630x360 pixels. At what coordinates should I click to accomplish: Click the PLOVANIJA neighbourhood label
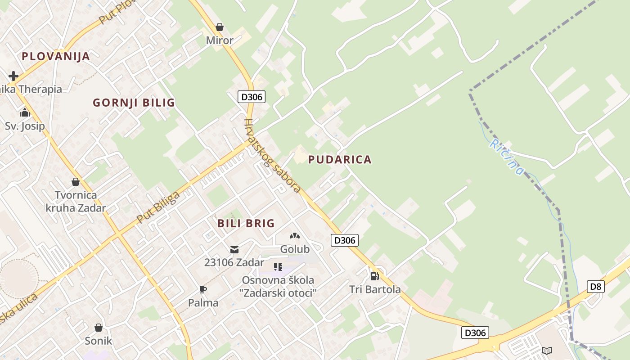tap(56, 56)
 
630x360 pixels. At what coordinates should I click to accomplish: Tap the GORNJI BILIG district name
tap(134, 103)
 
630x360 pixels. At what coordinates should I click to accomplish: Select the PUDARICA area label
tap(340, 159)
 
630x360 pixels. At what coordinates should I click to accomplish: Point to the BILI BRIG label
tap(246, 223)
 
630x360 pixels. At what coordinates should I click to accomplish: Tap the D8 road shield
tap(595, 286)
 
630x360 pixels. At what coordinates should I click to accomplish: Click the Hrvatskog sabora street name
tap(272, 155)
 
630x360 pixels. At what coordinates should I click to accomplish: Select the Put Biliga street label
tap(158, 207)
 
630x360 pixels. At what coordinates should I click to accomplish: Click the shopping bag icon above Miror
tap(220, 27)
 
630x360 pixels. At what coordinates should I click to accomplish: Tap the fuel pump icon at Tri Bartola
tap(374, 276)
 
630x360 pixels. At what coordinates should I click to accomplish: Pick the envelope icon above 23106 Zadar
tap(234, 249)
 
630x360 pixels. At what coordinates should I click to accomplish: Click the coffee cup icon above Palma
tap(203, 289)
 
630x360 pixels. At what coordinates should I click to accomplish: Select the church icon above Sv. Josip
tap(25, 112)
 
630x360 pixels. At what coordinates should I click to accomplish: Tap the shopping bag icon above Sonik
tap(99, 328)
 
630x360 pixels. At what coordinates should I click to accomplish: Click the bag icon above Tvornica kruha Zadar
tap(76, 182)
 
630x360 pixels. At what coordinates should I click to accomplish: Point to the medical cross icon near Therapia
tap(13, 76)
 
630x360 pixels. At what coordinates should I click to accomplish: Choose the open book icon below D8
tap(547, 350)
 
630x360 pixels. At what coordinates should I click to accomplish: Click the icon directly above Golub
tap(295, 235)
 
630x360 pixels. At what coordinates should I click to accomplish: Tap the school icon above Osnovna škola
tap(278, 267)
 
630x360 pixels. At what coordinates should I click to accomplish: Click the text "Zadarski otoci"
tap(278, 293)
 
